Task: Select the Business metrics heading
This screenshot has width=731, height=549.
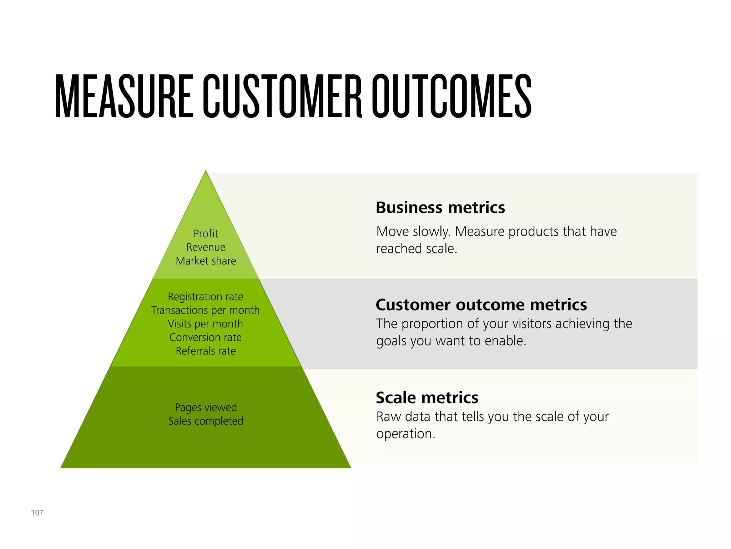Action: tap(440, 208)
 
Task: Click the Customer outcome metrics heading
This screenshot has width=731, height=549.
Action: tap(481, 305)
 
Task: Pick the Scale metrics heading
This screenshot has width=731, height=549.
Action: tap(427, 398)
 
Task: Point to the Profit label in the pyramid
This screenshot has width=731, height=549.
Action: tap(206, 234)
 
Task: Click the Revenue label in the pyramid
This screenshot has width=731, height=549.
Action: tap(206, 247)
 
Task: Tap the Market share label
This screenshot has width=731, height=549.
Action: tap(206, 261)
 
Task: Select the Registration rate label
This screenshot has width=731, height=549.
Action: tap(206, 297)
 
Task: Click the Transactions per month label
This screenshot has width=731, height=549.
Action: tap(206, 310)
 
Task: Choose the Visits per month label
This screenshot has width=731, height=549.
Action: tap(206, 324)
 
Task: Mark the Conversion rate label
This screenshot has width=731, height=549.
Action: tap(206, 337)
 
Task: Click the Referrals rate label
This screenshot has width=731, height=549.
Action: tap(206, 351)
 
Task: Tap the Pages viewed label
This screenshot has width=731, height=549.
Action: tap(206, 407)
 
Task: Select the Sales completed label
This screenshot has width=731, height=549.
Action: tap(206, 421)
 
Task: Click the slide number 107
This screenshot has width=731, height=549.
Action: tap(37, 513)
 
